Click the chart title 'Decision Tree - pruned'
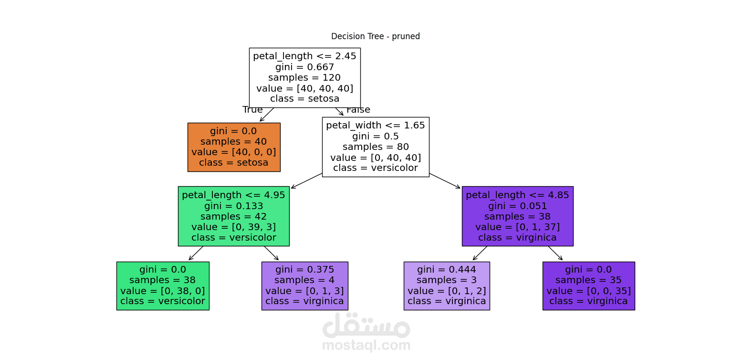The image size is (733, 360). (376, 36)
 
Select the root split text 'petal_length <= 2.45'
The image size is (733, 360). (304, 56)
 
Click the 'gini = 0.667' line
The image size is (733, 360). (304, 67)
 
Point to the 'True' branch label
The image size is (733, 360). (252, 110)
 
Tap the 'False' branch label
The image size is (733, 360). (358, 110)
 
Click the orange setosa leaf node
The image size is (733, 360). (234, 147)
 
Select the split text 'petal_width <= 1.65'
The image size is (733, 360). (376, 126)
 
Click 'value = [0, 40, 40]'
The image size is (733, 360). (376, 158)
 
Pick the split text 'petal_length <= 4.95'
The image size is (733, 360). (234, 195)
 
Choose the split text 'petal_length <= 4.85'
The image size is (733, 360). (517, 195)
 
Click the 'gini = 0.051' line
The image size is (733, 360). (517, 206)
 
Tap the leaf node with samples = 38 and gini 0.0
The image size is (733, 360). (163, 286)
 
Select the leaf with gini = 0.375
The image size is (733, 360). (304, 286)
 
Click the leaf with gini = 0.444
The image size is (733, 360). (447, 286)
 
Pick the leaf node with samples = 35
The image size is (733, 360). (589, 286)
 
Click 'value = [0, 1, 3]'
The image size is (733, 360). (304, 291)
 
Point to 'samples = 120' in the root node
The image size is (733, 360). (304, 77)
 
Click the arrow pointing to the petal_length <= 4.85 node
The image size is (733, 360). (445, 181)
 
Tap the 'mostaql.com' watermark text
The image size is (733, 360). (366, 345)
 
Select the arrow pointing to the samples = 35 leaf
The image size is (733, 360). (555, 254)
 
